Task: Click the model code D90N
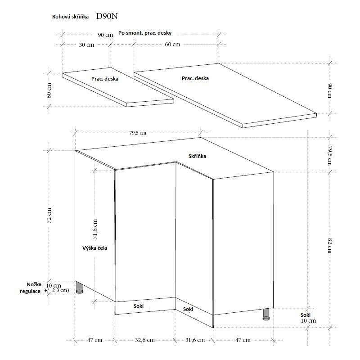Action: click(x=107, y=16)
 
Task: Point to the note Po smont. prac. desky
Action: click(x=145, y=33)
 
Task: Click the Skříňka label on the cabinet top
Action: click(x=198, y=156)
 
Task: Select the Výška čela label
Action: click(x=94, y=247)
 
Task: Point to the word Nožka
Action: click(x=34, y=285)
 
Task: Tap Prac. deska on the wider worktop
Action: click(x=195, y=78)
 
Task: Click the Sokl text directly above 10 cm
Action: click(x=306, y=315)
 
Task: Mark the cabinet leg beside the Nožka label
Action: click(x=80, y=288)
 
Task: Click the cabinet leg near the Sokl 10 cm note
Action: click(x=266, y=314)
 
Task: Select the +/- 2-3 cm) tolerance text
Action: click(x=57, y=291)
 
